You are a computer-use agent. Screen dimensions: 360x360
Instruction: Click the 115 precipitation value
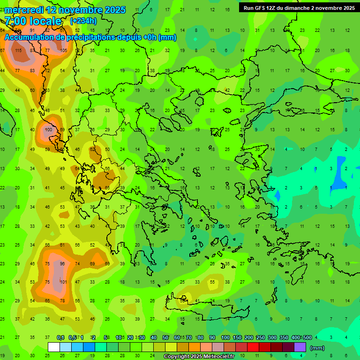pyautogui.click(x=18, y=51)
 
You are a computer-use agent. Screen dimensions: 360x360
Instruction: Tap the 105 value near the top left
pyautogui.click(x=64, y=51)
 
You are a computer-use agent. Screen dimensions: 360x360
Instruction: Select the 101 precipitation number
pyautogui.click(x=64, y=282)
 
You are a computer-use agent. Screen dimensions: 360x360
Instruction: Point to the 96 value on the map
pyautogui.click(x=62, y=264)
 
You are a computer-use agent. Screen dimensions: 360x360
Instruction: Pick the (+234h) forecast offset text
pyautogui.click(x=83, y=21)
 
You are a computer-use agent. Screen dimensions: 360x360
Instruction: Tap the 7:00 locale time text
pyautogui.click(x=33, y=21)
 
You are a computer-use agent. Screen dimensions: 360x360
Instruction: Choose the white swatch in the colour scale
pyautogui.click(x=54, y=347)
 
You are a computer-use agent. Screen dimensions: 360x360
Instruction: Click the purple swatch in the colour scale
pyautogui.click(x=300, y=347)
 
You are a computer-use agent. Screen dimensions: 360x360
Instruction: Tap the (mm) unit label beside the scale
pyautogui.click(x=317, y=348)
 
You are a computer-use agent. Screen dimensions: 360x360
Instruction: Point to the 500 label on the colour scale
pyautogui.click(x=307, y=337)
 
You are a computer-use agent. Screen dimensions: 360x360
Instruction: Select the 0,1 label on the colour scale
pyautogui.click(x=60, y=337)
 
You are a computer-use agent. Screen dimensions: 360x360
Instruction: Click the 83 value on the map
pyautogui.click(x=32, y=70)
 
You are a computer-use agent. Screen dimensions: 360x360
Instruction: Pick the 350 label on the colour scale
pyautogui.click(x=284, y=337)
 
